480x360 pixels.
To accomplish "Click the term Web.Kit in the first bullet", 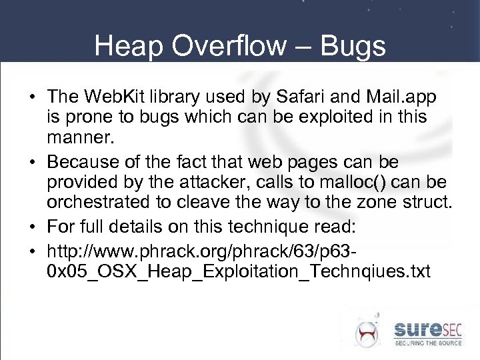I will point(107,98).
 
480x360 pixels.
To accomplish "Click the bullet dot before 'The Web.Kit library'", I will point(33,99).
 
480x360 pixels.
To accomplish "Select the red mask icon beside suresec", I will point(367,331).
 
